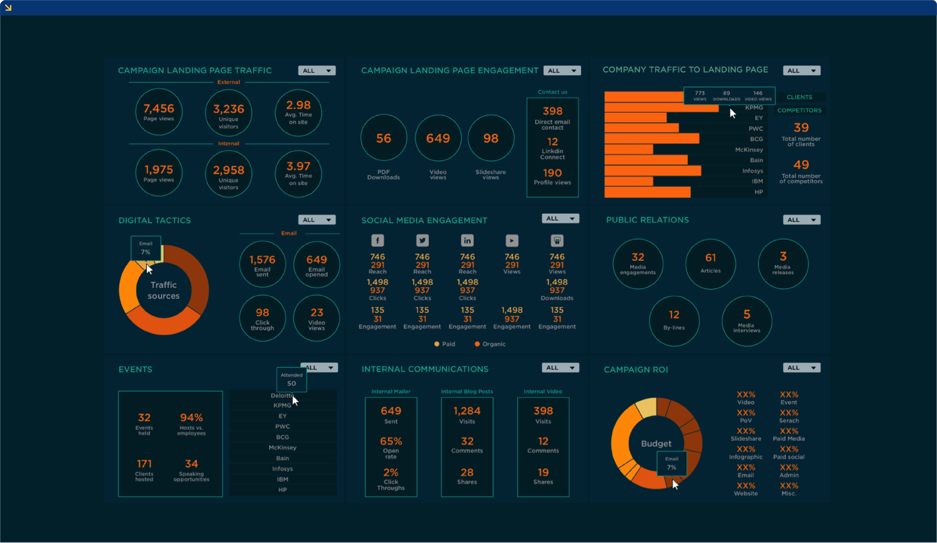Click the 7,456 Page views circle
point(159,112)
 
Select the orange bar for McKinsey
point(628,150)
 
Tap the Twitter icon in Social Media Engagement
point(422,240)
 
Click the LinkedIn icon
point(467,240)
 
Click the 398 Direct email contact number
point(552,111)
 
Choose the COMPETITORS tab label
point(799,110)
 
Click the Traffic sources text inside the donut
point(164,290)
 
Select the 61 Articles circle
point(710,263)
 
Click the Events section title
point(135,369)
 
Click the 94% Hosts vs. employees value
point(191,418)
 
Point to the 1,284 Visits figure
point(467,411)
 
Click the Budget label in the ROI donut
point(656,444)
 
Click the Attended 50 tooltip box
point(291,379)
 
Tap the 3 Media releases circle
point(783,263)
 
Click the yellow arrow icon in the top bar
point(8,8)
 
